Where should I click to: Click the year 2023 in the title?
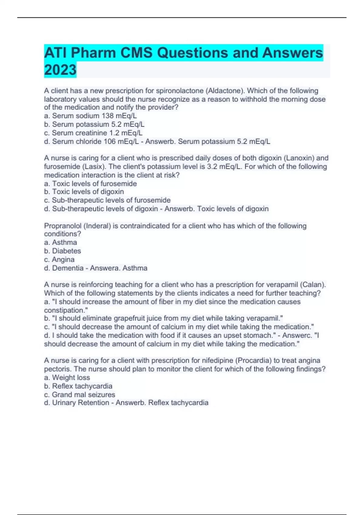[60, 70]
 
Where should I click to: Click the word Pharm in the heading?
[93, 53]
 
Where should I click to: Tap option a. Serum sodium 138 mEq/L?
[90, 116]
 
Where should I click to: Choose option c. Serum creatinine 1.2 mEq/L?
[93, 133]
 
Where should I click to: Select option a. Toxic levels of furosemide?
[90, 184]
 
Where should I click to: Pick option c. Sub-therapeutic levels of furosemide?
[107, 200]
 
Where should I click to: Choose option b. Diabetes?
[62, 251]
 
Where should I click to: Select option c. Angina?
[59, 260]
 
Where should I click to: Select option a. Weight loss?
[67, 377]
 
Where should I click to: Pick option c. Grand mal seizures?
[79, 395]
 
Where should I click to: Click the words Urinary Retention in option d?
[81, 403]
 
